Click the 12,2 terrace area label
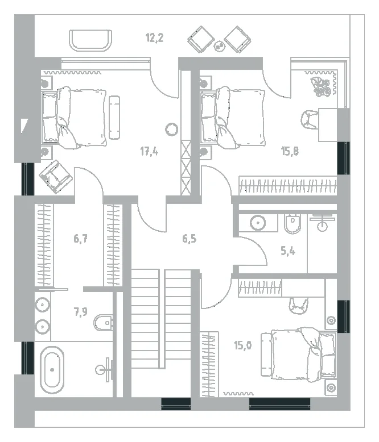(154, 37)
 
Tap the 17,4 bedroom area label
(149, 151)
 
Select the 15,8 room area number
(290, 151)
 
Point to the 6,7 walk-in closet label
(80, 239)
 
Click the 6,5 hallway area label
(189, 239)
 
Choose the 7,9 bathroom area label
(80, 312)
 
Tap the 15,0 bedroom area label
(242, 345)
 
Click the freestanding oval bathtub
(52, 369)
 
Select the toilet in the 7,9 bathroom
(103, 323)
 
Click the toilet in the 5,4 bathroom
(293, 224)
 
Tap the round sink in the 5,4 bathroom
(258, 223)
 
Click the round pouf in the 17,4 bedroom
(171, 130)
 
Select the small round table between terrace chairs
(219, 47)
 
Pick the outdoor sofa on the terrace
(90, 41)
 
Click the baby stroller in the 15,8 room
(320, 87)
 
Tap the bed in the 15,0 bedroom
(299, 355)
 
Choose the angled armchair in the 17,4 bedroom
(55, 177)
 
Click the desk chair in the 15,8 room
(310, 120)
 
